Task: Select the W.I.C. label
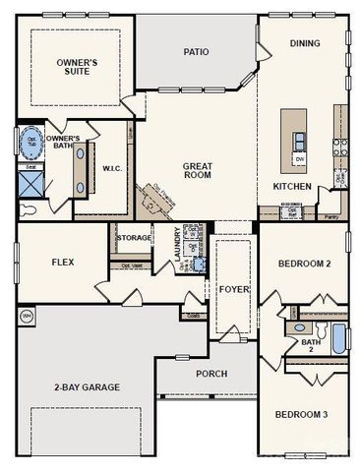pos(111,168)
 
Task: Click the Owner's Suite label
pos(71,67)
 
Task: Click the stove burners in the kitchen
pos(340,147)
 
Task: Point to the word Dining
pos(304,43)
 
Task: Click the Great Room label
pos(198,171)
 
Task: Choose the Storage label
pos(135,238)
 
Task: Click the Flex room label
pos(63,263)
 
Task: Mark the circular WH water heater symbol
pos(27,316)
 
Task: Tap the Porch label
pos(210,374)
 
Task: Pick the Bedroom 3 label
pos(301,414)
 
